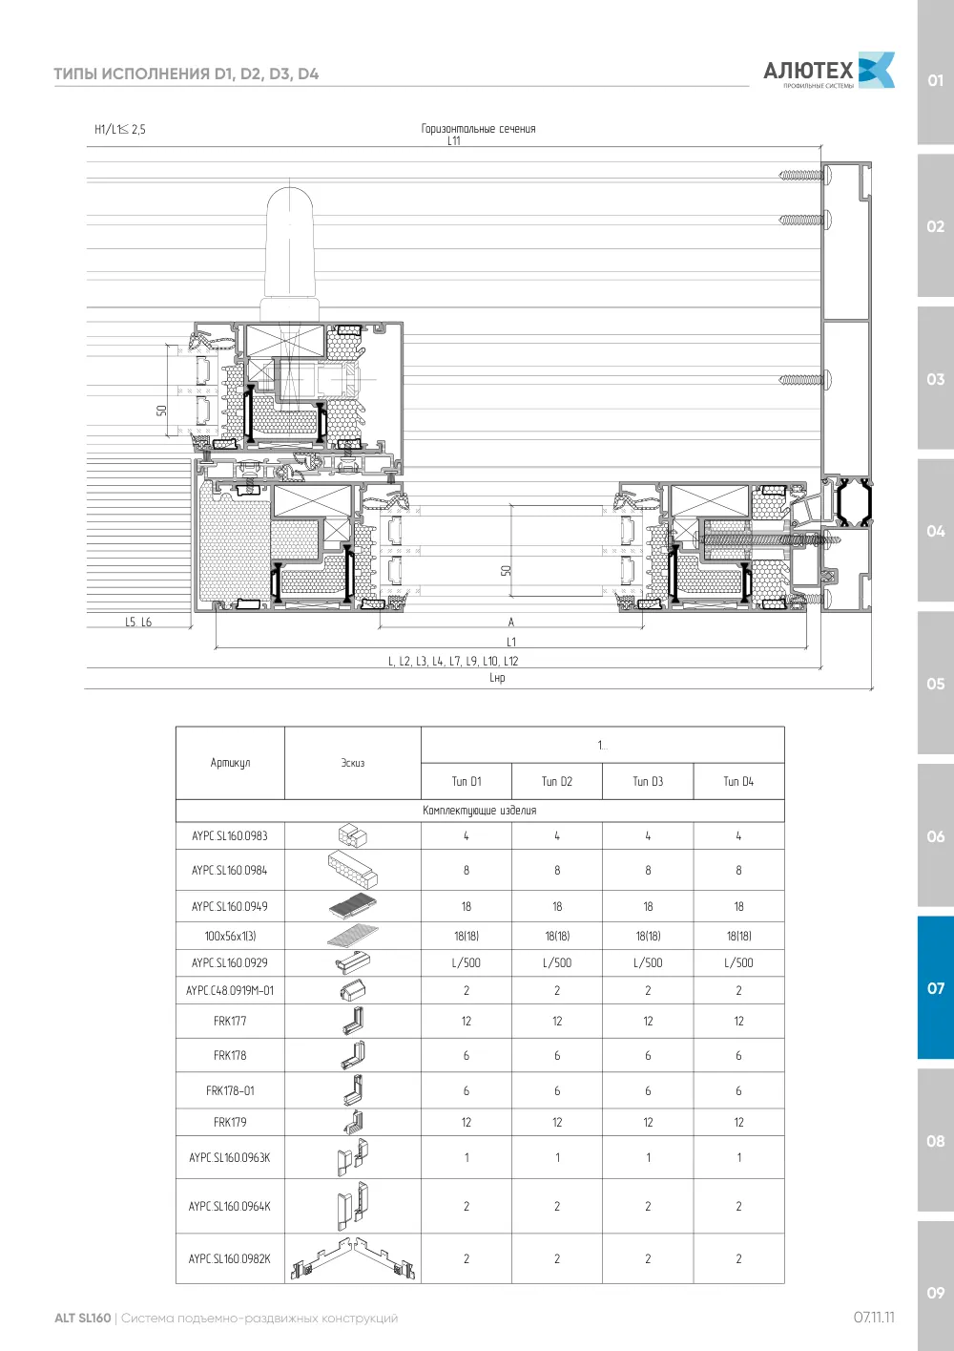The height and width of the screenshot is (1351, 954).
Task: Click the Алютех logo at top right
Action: (x=829, y=71)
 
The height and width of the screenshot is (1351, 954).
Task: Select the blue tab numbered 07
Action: (x=935, y=988)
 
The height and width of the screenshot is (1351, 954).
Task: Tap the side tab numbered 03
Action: (x=935, y=379)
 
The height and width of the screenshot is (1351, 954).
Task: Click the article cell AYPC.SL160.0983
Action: (x=230, y=836)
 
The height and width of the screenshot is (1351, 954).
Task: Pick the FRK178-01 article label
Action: (x=230, y=1090)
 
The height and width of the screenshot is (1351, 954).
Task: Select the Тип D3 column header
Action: (x=648, y=781)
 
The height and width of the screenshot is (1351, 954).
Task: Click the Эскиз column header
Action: (x=353, y=763)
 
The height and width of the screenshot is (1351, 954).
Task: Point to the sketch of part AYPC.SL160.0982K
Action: (x=353, y=1258)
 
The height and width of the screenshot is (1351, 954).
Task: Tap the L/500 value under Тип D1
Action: (x=467, y=962)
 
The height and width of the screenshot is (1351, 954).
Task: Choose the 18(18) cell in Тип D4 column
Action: (x=738, y=936)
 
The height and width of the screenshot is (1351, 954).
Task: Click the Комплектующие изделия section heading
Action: (x=480, y=811)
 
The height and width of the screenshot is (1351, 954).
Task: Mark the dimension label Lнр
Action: (x=497, y=678)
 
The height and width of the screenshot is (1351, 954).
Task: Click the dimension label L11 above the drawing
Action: (x=454, y=140)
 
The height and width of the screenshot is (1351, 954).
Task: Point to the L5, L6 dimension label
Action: (x=138, y=622)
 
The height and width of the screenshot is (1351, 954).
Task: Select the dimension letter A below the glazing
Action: (x=511, y=622)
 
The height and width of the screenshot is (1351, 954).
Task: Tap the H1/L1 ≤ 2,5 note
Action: (x=120, y=129)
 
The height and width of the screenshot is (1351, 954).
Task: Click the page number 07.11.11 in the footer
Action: (x=874, y=1318)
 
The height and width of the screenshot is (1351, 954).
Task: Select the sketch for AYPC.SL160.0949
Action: (x=353, y=906)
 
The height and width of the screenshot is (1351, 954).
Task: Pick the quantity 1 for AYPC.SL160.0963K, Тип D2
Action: (x=557, y=1157)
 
